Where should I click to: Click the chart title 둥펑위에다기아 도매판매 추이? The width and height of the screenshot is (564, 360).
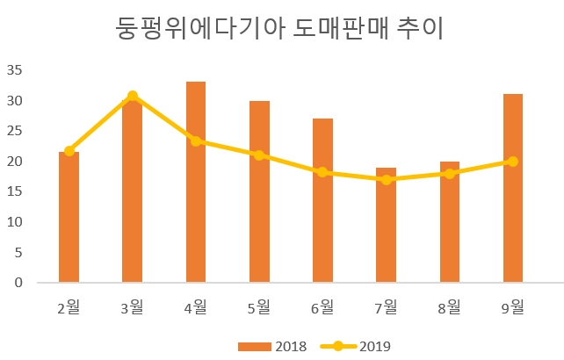[280, 29]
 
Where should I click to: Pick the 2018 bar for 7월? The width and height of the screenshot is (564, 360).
[386, 226]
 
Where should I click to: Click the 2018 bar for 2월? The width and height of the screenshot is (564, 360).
[69, 218]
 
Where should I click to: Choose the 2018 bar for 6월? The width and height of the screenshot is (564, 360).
[322, 201]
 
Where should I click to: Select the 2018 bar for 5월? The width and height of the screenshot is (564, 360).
[259, 192]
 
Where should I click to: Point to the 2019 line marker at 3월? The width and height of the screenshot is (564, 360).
[133, 96]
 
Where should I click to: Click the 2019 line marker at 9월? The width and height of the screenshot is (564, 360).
[513, 162]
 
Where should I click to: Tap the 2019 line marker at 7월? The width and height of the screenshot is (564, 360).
[386, 180]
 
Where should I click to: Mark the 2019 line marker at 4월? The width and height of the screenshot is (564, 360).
[196, 140]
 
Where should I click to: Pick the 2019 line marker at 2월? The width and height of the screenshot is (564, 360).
[69, 151]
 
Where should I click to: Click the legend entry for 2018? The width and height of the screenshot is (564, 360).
[271, 346]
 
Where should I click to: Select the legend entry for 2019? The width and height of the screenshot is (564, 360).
[357, 346]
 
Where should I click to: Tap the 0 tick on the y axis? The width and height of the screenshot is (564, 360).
[17, 283]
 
